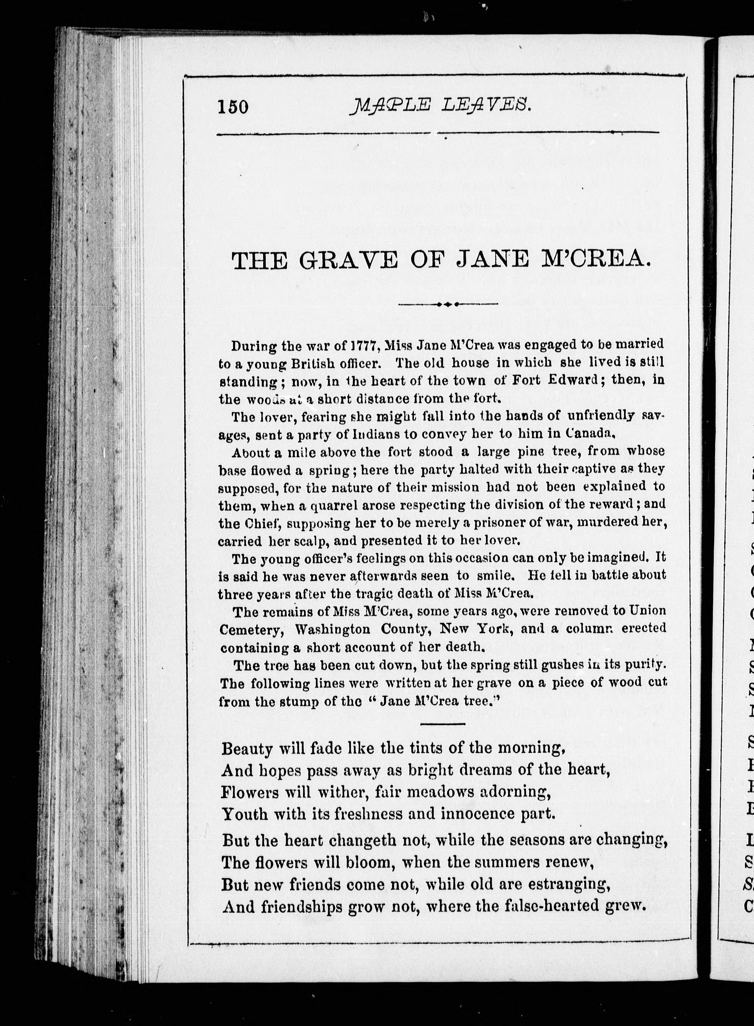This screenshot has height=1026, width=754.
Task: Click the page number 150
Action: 233,107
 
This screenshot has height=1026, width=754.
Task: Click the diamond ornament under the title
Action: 448,304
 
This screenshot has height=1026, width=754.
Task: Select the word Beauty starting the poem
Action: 247,749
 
